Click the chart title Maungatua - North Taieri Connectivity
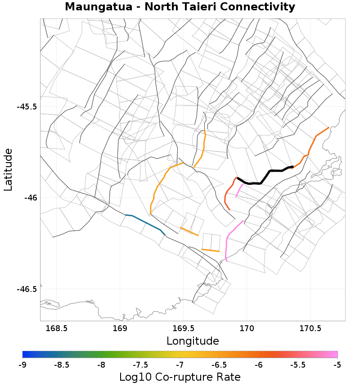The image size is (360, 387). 180,7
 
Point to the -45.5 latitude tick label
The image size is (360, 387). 27,107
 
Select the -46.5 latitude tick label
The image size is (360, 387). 27,289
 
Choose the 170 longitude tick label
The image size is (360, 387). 247,328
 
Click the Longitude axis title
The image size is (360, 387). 193,341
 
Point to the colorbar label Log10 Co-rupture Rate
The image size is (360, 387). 180,377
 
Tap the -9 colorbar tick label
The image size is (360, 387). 22,364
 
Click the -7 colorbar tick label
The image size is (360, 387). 180,364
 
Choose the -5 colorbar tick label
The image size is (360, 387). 337,364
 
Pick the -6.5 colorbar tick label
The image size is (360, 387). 219,364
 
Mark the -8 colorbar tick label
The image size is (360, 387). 101,364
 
